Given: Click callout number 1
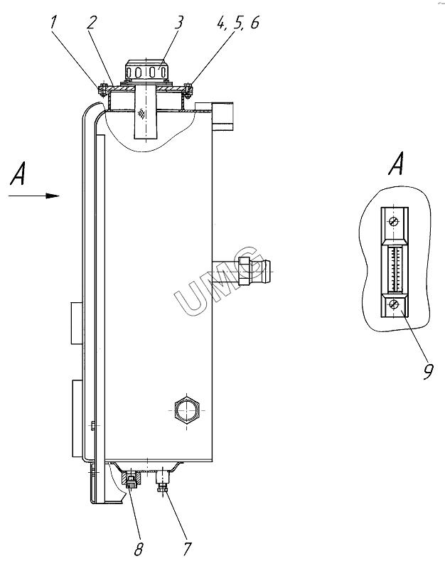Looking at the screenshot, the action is pyautogui.click(x=53, y=22).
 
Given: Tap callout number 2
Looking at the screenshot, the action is pyautogui.click(x=92, y=22).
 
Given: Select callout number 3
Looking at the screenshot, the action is pyautogui.click(x=178, y=22).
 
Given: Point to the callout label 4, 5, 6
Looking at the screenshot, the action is pyautogui.click(x=238, y=23).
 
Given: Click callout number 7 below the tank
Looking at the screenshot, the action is pyautogui.click(x=186, y=549).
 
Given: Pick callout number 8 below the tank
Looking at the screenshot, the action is pyautogui.click(x=138, y=549).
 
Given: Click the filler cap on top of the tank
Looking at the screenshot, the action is pyautogui.click(x=146, y=70).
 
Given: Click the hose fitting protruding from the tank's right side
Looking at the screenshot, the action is pyautogui.click(x=252, y=271).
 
